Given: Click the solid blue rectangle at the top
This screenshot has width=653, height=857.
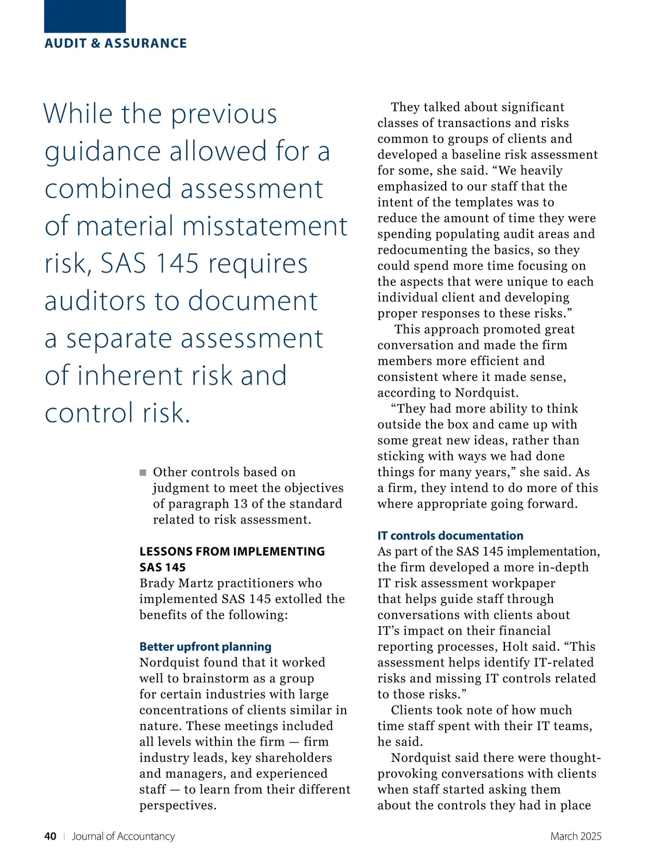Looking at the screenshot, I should (x=85, y=16).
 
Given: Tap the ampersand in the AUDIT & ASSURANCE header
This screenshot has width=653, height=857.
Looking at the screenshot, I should (x=96, y=44).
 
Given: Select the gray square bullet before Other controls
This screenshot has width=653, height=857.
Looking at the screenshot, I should (x=143, y=472).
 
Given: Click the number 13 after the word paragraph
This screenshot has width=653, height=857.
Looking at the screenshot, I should (x=241, y=504).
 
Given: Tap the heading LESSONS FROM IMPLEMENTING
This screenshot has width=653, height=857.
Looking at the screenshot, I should (x=232, y=552).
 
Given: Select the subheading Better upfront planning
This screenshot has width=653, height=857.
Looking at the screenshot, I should (x=205, y=647).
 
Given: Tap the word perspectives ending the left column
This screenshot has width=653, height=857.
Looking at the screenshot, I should (x=177, y=806).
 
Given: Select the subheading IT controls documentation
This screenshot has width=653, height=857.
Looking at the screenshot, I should (x=450, y=536).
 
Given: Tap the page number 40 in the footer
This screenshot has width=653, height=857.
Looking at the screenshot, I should (x=50, y=836).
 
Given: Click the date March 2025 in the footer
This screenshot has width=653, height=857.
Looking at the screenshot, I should (x=575, y=836).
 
